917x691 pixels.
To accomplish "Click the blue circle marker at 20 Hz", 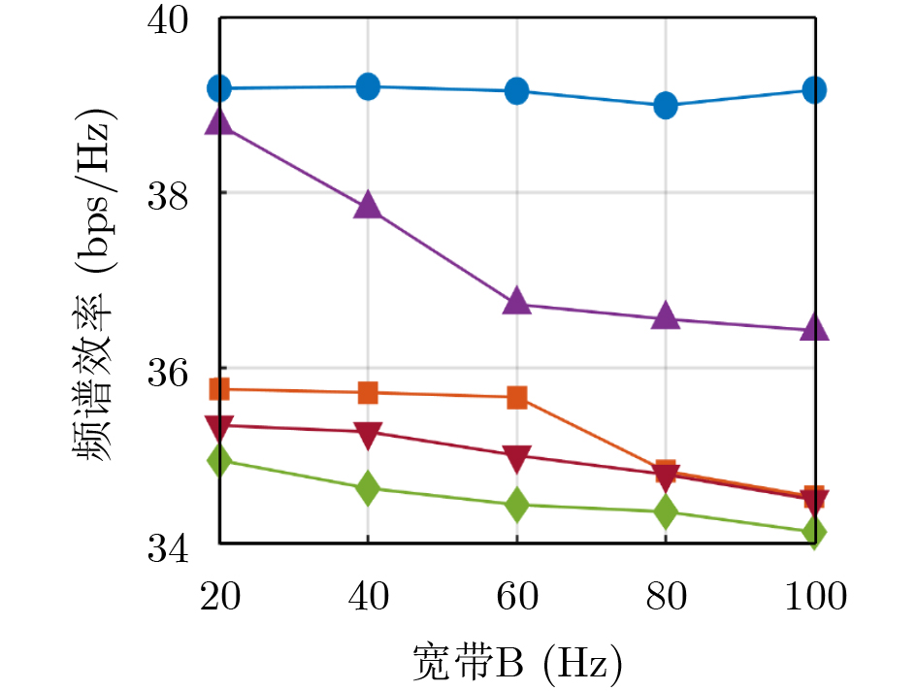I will pos(219,88).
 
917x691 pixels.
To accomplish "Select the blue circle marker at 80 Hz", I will pos(666,105).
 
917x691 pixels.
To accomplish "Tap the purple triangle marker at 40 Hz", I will pos(368,206).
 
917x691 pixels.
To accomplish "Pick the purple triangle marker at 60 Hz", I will pos(517,302).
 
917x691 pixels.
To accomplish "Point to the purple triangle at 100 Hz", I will pos(815,328).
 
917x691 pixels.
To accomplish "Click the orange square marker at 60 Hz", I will pos(517,397).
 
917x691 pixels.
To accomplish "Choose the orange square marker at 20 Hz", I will pos(219,389).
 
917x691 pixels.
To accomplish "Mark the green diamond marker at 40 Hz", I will pos(368,488).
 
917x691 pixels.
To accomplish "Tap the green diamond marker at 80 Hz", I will pos(666,511).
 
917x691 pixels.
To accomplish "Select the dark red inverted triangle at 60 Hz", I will pos(517,456).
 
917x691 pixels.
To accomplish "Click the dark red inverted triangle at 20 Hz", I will pos(219,426).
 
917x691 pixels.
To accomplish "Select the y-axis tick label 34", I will pos(171,544).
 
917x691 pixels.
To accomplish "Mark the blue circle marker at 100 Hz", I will pos(815,89).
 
